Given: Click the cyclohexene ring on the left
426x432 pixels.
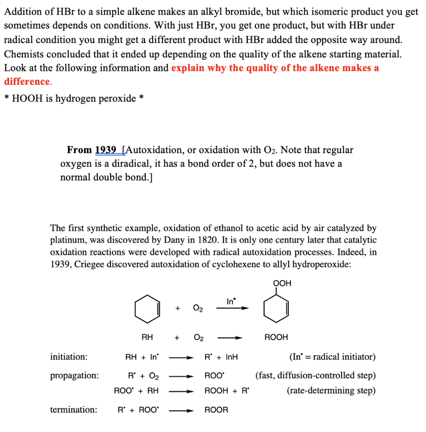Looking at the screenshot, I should (x=147, y=309).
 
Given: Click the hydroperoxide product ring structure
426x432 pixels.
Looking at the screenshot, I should (x=276, y=309).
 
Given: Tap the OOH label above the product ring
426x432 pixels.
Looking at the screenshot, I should (x=282, y=283).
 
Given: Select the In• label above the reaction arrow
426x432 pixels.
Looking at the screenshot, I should (x=231, y=301).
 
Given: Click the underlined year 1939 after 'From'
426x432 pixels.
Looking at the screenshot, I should (x=106, y=150).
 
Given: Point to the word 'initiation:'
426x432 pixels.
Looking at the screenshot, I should (x=69, y=357).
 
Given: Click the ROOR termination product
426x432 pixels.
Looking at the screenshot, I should (x=216, y=410).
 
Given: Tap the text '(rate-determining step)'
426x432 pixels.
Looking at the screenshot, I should (x=331, y=391).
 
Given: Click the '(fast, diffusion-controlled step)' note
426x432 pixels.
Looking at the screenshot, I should (x=315, y=375).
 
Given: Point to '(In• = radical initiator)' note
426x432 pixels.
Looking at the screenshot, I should (x=332, y=357).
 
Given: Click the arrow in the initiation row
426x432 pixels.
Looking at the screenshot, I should (x=181, y=358).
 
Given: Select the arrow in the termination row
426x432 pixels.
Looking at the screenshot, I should (x=181, y=410).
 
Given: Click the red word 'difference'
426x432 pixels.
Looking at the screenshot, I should (x=27, y=81).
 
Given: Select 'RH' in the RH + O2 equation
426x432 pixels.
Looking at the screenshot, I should (x=147, y=337).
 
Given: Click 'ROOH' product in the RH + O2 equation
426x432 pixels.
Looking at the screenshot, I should (x=276, y=337).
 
